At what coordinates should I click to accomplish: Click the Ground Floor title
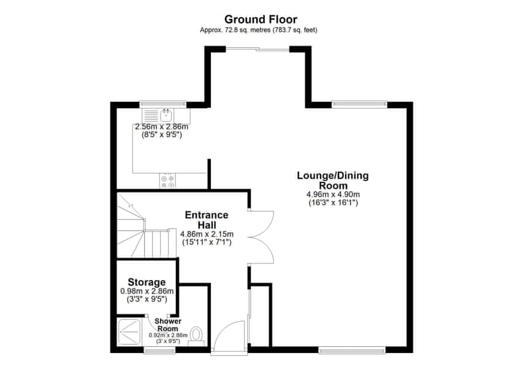click(261, 20)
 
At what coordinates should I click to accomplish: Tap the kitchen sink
click(166, 115)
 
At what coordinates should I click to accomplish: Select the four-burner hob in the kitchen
click(167, 181)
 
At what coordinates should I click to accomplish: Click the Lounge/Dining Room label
click(333, 181)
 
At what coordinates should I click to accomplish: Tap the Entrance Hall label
click(207, 219)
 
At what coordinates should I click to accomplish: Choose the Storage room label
click(147, 282)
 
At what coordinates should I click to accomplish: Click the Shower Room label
click(167, 324)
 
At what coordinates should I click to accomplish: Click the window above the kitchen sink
click(162, 104)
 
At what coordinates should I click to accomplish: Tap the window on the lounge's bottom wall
click(352, 350)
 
